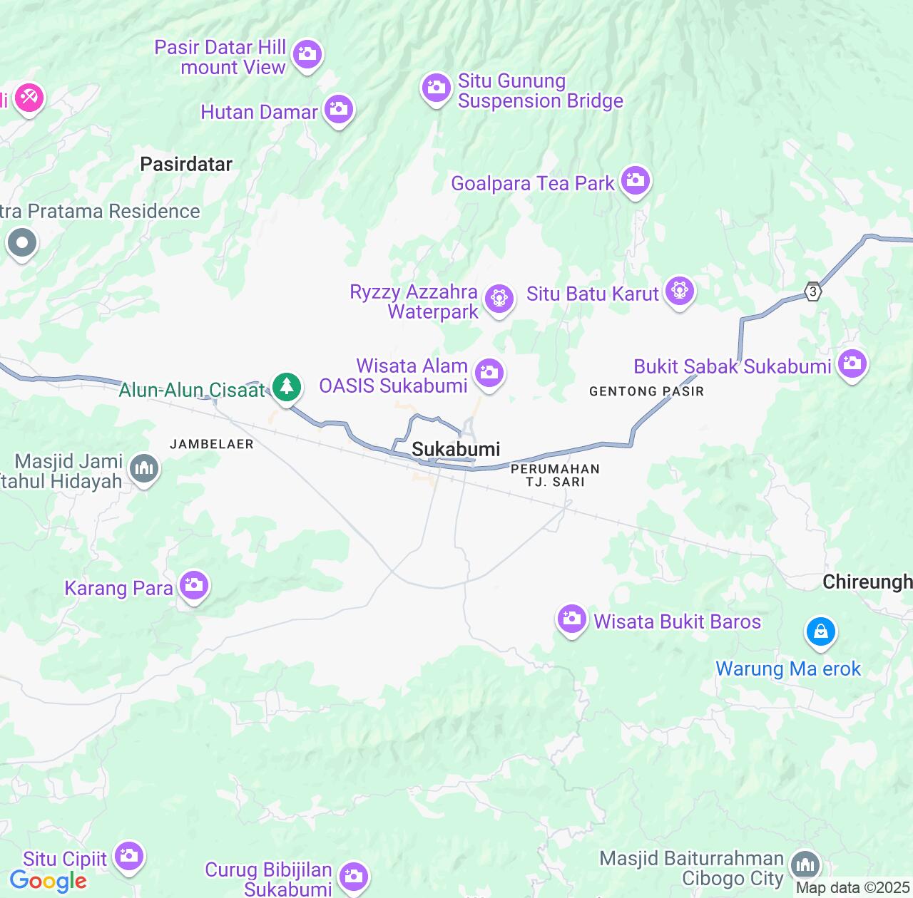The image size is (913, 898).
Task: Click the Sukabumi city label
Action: (x=456, y=449)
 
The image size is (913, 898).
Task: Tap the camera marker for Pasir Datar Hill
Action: (x=307, y=54)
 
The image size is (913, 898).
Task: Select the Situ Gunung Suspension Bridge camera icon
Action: (x=436, y=88)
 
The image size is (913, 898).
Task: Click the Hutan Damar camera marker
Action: (x=339, y=110)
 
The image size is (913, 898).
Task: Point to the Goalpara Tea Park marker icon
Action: (x=635, y=181)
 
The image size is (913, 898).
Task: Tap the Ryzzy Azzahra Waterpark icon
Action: (x=499, y=299)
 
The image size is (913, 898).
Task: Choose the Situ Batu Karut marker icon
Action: (x=679, y=291)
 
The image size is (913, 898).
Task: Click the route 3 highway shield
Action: (x=812, y=291)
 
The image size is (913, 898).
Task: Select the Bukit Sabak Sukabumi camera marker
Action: (x=852, y=364)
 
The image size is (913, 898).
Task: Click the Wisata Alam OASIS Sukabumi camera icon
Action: (x=489, y=373)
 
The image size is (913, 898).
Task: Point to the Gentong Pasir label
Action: (x=646, y=391)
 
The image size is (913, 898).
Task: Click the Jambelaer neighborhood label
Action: (x=212, y=444)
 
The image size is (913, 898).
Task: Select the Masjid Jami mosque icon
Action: (x=145, y=469)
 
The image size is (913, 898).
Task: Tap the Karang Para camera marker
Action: (x=193, y=586)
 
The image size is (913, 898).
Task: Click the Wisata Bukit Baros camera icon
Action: (x=571, y=619)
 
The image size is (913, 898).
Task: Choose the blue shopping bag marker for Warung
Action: (x=821, y=631)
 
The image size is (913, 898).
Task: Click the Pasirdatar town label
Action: (x=186, y=165)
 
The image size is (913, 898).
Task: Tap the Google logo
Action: (x=49, y=881)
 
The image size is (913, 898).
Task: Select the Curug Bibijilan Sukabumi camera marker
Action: (x=353, y=876)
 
